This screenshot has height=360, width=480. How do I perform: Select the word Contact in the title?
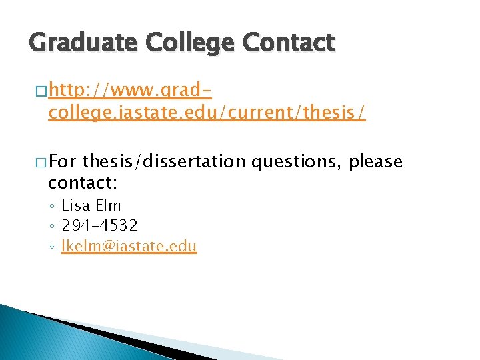click(287, 44)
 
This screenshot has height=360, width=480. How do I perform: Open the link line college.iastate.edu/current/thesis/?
click(207, 113)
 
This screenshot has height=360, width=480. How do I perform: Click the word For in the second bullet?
click(63, 162)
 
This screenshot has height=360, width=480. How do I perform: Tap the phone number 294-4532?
click(99, 226)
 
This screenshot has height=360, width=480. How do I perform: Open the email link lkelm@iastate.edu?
click(129, 247)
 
